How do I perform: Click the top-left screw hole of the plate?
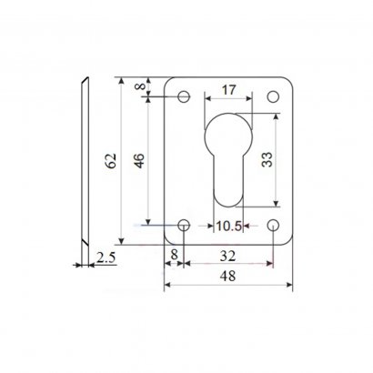184,96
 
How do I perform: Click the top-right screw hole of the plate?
273,96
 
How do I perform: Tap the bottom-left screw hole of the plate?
184,226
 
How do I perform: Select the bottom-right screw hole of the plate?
273,226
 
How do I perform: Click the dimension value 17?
228,90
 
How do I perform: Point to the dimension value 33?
267,159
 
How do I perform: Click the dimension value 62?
111,161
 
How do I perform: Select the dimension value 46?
139,161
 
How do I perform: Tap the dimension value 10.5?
228,226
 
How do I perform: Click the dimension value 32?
227,257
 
